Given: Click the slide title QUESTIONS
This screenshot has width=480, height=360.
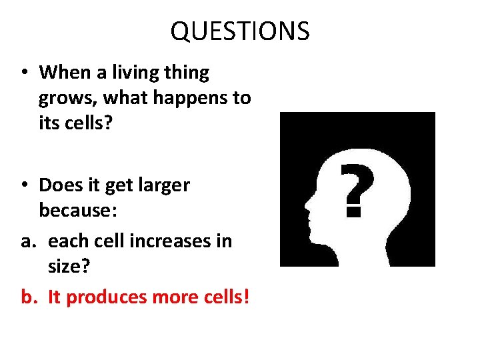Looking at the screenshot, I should [240, 31].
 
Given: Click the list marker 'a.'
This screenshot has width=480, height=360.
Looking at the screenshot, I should [29, 241].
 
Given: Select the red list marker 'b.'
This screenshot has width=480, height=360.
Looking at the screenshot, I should [29, 297].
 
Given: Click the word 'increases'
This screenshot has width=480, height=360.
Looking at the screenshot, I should [177, 241].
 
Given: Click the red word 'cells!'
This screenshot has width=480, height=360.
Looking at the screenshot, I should [223, 297].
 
